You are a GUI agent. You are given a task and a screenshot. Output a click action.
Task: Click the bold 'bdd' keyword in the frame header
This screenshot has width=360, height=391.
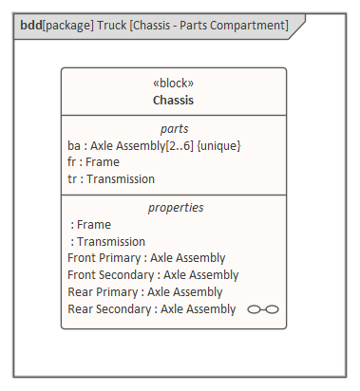(x=31, y=25)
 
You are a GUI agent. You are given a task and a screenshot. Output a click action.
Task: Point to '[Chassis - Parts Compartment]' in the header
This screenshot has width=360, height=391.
(x=215, y=25)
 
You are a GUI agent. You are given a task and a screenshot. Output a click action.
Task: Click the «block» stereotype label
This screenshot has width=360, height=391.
(x=174, y=83)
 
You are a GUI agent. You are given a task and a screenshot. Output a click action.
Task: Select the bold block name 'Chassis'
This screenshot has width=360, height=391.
(x=174, y=99)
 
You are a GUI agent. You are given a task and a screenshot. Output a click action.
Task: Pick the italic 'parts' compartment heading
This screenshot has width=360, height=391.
(x=174, y=128)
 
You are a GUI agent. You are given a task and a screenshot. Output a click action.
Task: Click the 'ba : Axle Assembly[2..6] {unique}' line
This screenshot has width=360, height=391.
(x=154, y=145)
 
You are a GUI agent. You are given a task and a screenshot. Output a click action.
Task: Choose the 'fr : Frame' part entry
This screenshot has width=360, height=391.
(x=93, y=162)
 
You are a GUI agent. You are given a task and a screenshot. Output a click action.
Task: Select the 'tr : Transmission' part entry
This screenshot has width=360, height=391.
(x=111, y=178)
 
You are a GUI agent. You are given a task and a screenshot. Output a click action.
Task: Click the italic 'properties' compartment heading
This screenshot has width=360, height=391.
(x=175, y=207)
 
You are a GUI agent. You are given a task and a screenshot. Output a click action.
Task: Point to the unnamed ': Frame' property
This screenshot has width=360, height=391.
(x=91, y=225)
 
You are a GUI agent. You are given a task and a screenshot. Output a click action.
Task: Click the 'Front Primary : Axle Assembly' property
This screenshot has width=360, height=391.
(x=146, y=258)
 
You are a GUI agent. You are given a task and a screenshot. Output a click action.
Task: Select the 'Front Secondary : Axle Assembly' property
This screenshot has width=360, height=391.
(x=153, y=275)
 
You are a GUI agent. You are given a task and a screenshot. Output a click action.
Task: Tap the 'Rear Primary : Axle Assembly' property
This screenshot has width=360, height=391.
(x=144, y=292)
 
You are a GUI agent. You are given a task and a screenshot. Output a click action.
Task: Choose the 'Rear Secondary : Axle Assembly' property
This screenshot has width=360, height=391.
(x=151, y=309)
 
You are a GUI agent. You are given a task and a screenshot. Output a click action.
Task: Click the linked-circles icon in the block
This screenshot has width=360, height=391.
(x=263, y=309)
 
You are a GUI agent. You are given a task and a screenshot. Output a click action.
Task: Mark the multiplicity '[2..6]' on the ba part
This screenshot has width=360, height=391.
(x=179, y=145)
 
